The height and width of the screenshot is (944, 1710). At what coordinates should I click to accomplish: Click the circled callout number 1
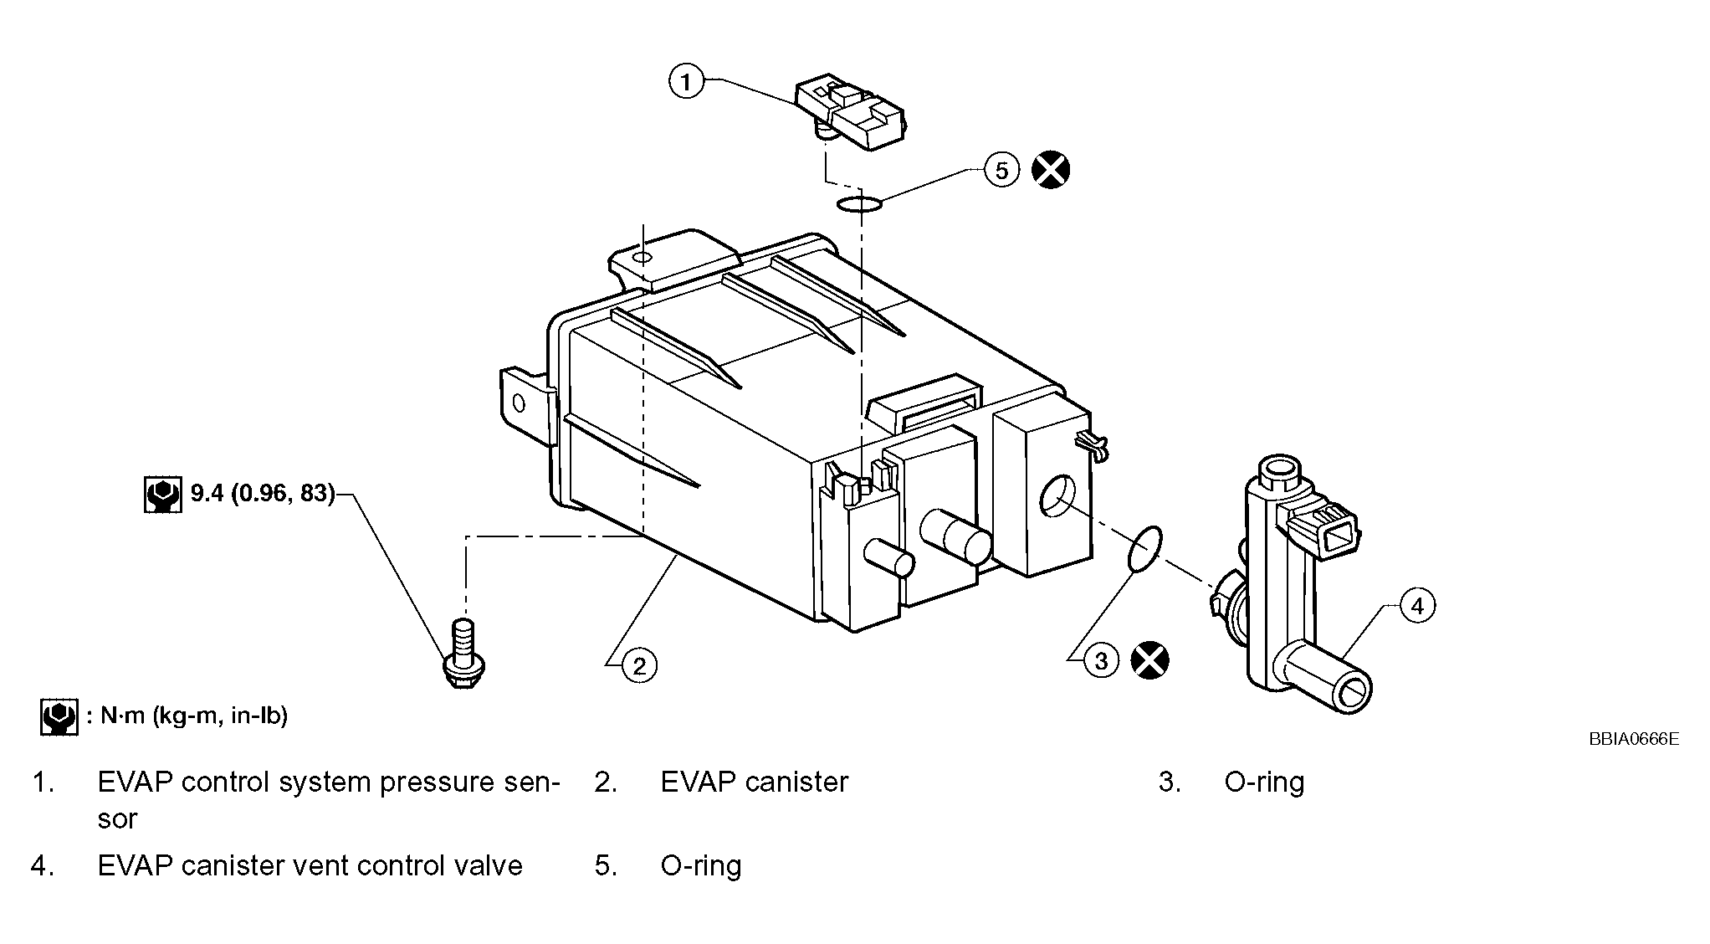point(686,81)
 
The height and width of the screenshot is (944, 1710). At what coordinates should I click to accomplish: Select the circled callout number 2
point(640,665)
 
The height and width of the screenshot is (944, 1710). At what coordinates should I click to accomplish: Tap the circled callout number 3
point(1102,661)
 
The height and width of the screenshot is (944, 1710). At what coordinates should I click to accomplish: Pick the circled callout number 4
point(1417,605)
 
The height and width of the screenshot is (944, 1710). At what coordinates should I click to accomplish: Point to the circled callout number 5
point(1002,170)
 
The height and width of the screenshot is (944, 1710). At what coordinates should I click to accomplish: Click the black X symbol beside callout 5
point(1051,170)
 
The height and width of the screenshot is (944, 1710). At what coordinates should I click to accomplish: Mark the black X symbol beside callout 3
point(1150,660)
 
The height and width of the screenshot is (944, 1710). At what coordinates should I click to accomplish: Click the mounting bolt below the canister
point(463,654)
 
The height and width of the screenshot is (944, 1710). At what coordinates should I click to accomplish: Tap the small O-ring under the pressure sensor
point(858,203)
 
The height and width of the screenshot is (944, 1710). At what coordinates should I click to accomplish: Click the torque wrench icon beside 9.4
point(162,495)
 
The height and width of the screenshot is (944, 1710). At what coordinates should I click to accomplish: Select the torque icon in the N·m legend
point(59,717)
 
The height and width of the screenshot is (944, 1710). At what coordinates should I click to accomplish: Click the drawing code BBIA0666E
point(1634,739)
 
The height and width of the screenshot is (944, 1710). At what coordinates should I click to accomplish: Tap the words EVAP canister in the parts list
point(755,782)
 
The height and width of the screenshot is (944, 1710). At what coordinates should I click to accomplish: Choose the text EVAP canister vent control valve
point(310,865)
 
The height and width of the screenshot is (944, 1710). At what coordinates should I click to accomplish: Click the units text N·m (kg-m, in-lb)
point(194,716)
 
